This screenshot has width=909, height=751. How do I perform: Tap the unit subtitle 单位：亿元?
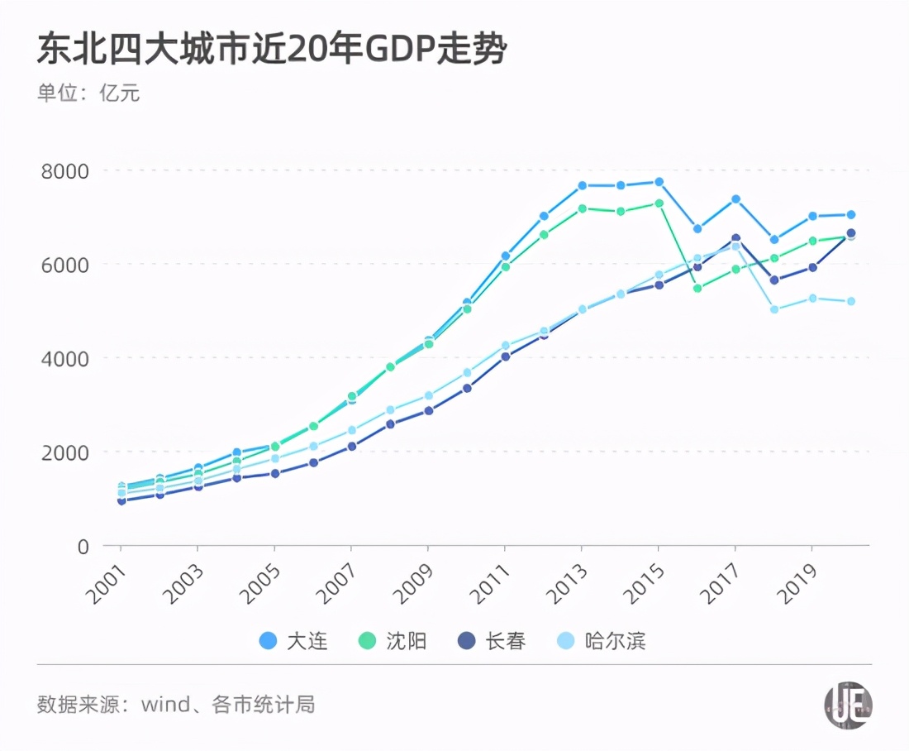coord(88,93)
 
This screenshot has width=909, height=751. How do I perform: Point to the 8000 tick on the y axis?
coord(65,170)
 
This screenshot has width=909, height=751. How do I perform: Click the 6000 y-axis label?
coord(65,265)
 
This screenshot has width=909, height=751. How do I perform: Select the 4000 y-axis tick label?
coord(65,358)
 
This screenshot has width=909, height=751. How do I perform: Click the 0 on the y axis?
coord(83,546)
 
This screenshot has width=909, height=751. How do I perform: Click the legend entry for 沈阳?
coord(394,641)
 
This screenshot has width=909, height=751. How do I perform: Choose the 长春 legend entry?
coord(491,641)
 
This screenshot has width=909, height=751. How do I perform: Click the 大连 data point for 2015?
coord(659,182)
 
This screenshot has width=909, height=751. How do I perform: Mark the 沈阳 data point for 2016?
coord(697,289)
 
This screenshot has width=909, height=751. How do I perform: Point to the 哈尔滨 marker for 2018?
coord(774,309)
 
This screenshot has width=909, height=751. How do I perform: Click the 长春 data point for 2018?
coord(774,280)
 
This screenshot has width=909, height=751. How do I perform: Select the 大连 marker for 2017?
coord(735,199)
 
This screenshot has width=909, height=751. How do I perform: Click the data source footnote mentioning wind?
coord(176,705)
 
